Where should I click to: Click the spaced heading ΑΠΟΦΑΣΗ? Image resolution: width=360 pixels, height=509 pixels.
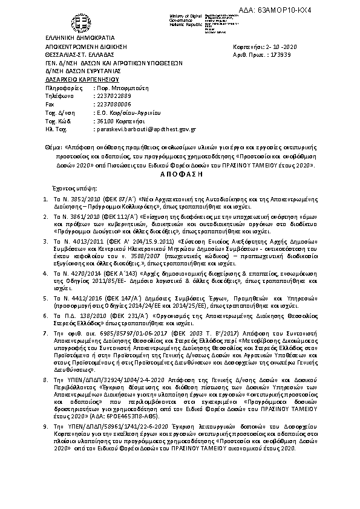179,172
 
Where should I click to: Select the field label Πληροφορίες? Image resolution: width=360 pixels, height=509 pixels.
63,88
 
